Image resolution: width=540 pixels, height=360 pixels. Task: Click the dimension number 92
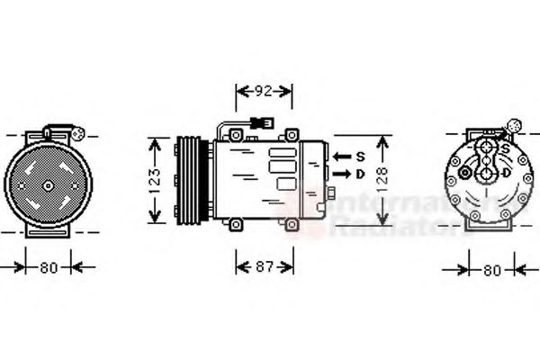click(263, 90)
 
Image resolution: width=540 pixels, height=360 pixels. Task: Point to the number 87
click(263, 266)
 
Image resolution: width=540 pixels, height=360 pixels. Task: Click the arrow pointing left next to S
click(341, 156)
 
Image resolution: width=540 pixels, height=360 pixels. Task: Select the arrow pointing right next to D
click(341, 173)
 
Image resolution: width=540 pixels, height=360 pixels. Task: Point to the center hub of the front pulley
click(47, 184)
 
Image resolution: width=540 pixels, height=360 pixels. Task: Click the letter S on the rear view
click(506, 148)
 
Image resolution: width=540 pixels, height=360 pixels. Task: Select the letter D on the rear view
click(507, 172)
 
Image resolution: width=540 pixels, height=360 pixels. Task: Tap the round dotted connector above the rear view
click(516, 126)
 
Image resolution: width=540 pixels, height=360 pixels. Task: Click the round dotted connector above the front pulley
click(78, 135)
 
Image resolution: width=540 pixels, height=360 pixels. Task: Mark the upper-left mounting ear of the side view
click(235, 136)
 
